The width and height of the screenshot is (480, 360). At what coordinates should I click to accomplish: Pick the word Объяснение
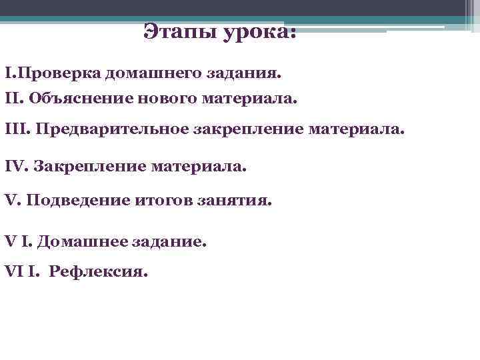click(x=79, y=99)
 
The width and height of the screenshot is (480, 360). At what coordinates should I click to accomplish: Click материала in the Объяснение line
click(x=254, y=99)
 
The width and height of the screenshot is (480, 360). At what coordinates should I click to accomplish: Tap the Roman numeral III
click(x=15, y=128)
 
